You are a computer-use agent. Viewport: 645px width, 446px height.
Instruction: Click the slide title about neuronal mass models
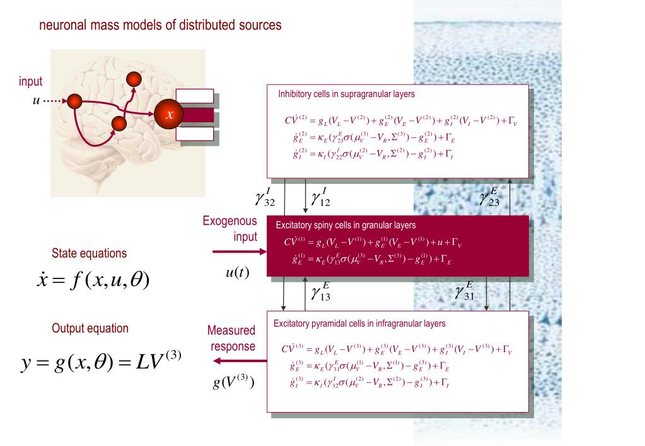(x=160, y=26)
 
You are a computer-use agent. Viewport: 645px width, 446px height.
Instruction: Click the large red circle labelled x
(x=168, y=115)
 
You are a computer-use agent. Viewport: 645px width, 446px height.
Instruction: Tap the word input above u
(x=31, y=82)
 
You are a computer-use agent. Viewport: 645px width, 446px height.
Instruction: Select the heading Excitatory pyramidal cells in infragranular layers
(x=359, y=324)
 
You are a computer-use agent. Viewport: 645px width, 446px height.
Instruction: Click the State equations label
(x=89, y=253)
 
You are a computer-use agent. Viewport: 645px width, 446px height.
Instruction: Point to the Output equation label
(x=90, y=328)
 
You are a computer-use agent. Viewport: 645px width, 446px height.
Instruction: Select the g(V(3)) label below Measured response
(x=233, y=382)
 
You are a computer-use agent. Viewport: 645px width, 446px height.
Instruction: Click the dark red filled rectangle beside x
(x=194, y=115)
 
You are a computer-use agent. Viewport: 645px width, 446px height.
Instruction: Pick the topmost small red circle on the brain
(x=133, y=79)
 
